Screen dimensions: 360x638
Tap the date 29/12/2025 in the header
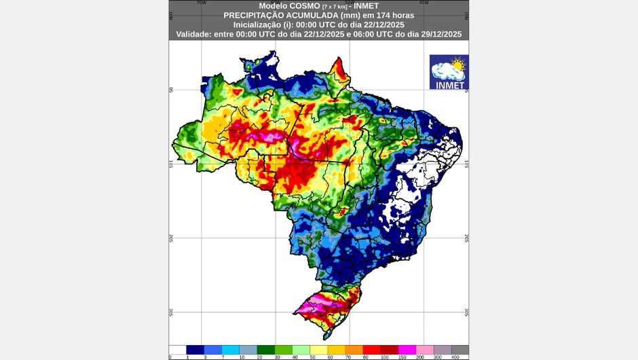(434, 33)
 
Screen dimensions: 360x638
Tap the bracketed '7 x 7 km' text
(333, 6)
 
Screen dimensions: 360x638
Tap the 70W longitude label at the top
(201, 3)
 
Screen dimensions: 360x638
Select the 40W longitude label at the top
(424, 3)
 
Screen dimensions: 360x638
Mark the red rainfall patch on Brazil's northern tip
(339, 68)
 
